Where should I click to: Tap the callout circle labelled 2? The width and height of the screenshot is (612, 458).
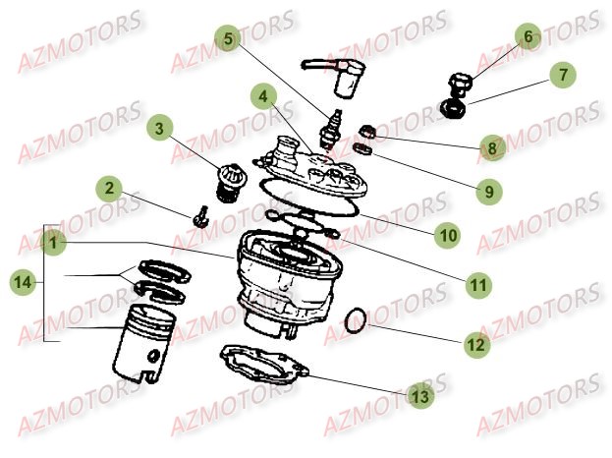[x=110, y=188]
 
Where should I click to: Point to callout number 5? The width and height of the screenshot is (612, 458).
[x=229, y=40]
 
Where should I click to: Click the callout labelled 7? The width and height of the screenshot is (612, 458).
[x=563, y=75]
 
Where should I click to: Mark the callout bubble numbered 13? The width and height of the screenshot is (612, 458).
[x=419, y=396]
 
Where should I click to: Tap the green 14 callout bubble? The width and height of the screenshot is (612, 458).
[x=22, y=282]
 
